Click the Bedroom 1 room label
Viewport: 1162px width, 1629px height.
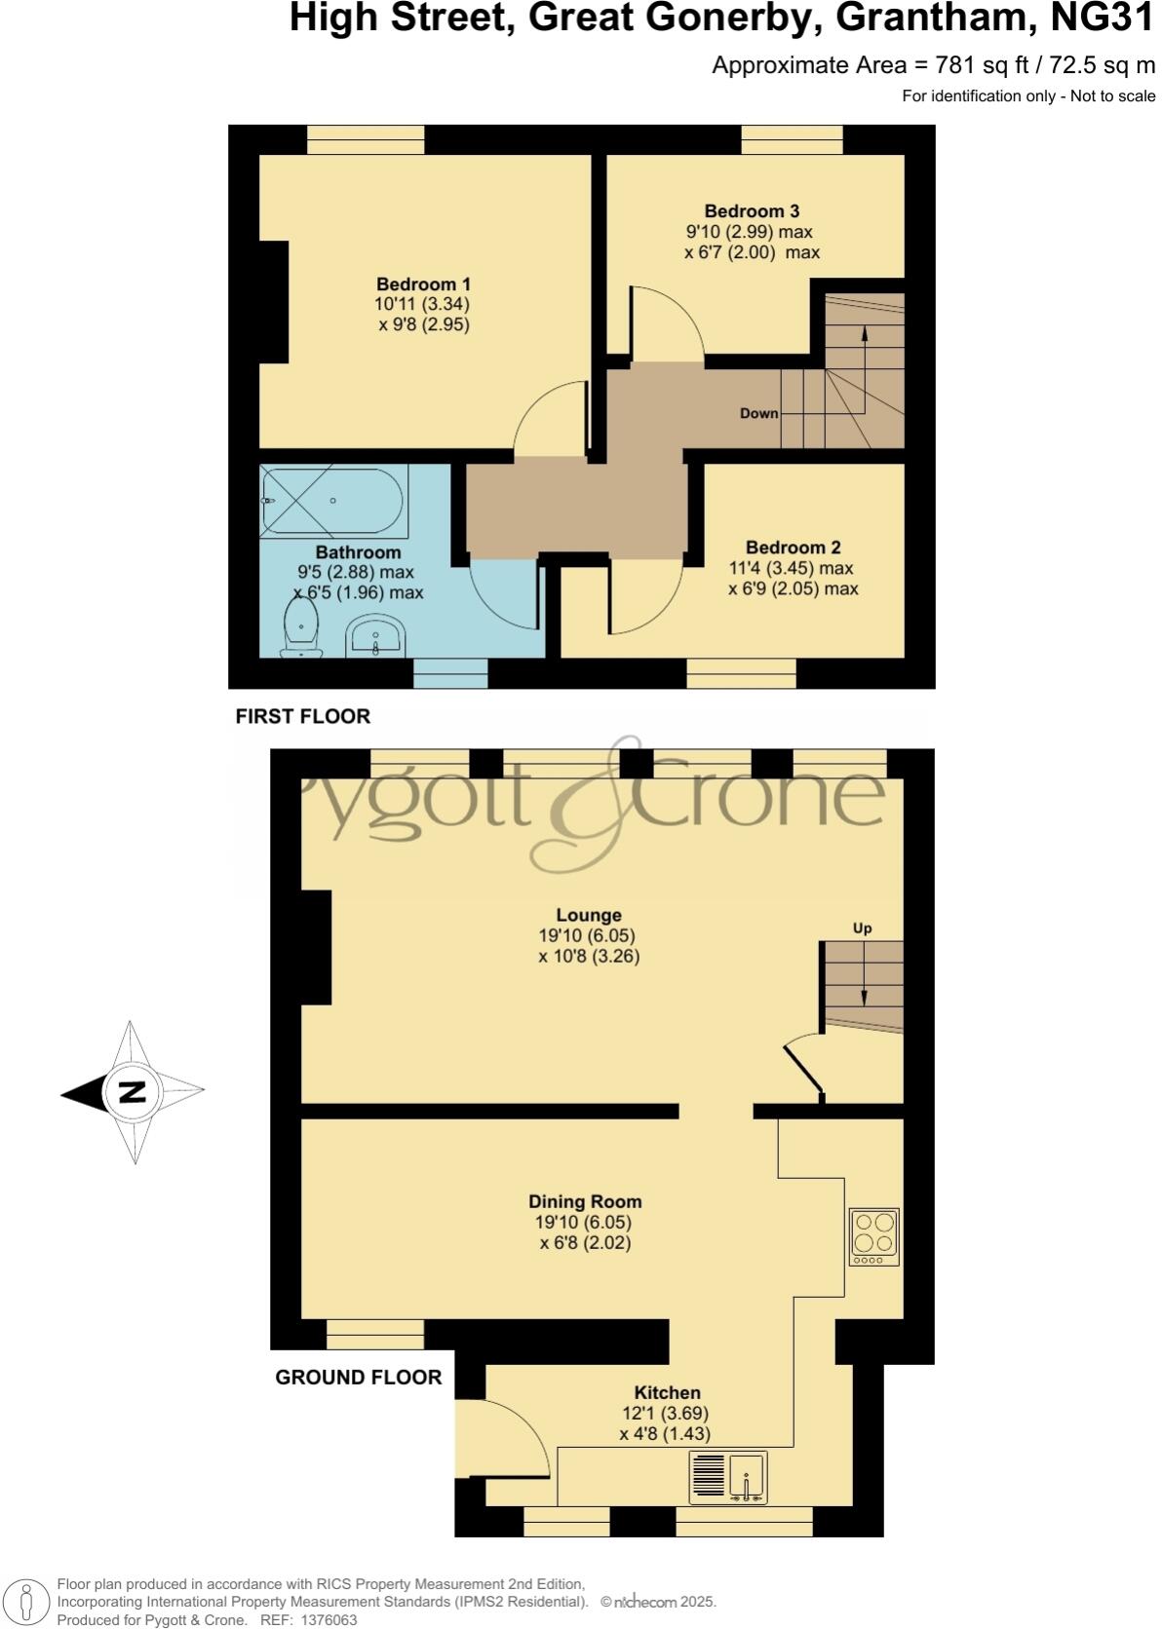click(423, 284)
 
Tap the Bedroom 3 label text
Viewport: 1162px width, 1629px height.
click(752, 211)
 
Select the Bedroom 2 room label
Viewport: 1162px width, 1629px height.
click(793, 548)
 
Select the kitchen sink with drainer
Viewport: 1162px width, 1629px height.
click(728, 1476)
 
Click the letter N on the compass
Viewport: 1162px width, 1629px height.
click(132, 1092)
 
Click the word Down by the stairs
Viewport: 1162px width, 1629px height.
click(758, 413)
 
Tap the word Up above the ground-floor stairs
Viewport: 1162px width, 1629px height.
click(862, 928)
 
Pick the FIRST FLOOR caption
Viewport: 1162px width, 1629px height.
click(303, 716)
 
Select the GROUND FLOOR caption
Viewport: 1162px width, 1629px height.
click(358, 1377)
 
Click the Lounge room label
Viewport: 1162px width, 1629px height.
click(589, 915)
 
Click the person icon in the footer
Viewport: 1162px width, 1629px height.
click(27, 1603)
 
